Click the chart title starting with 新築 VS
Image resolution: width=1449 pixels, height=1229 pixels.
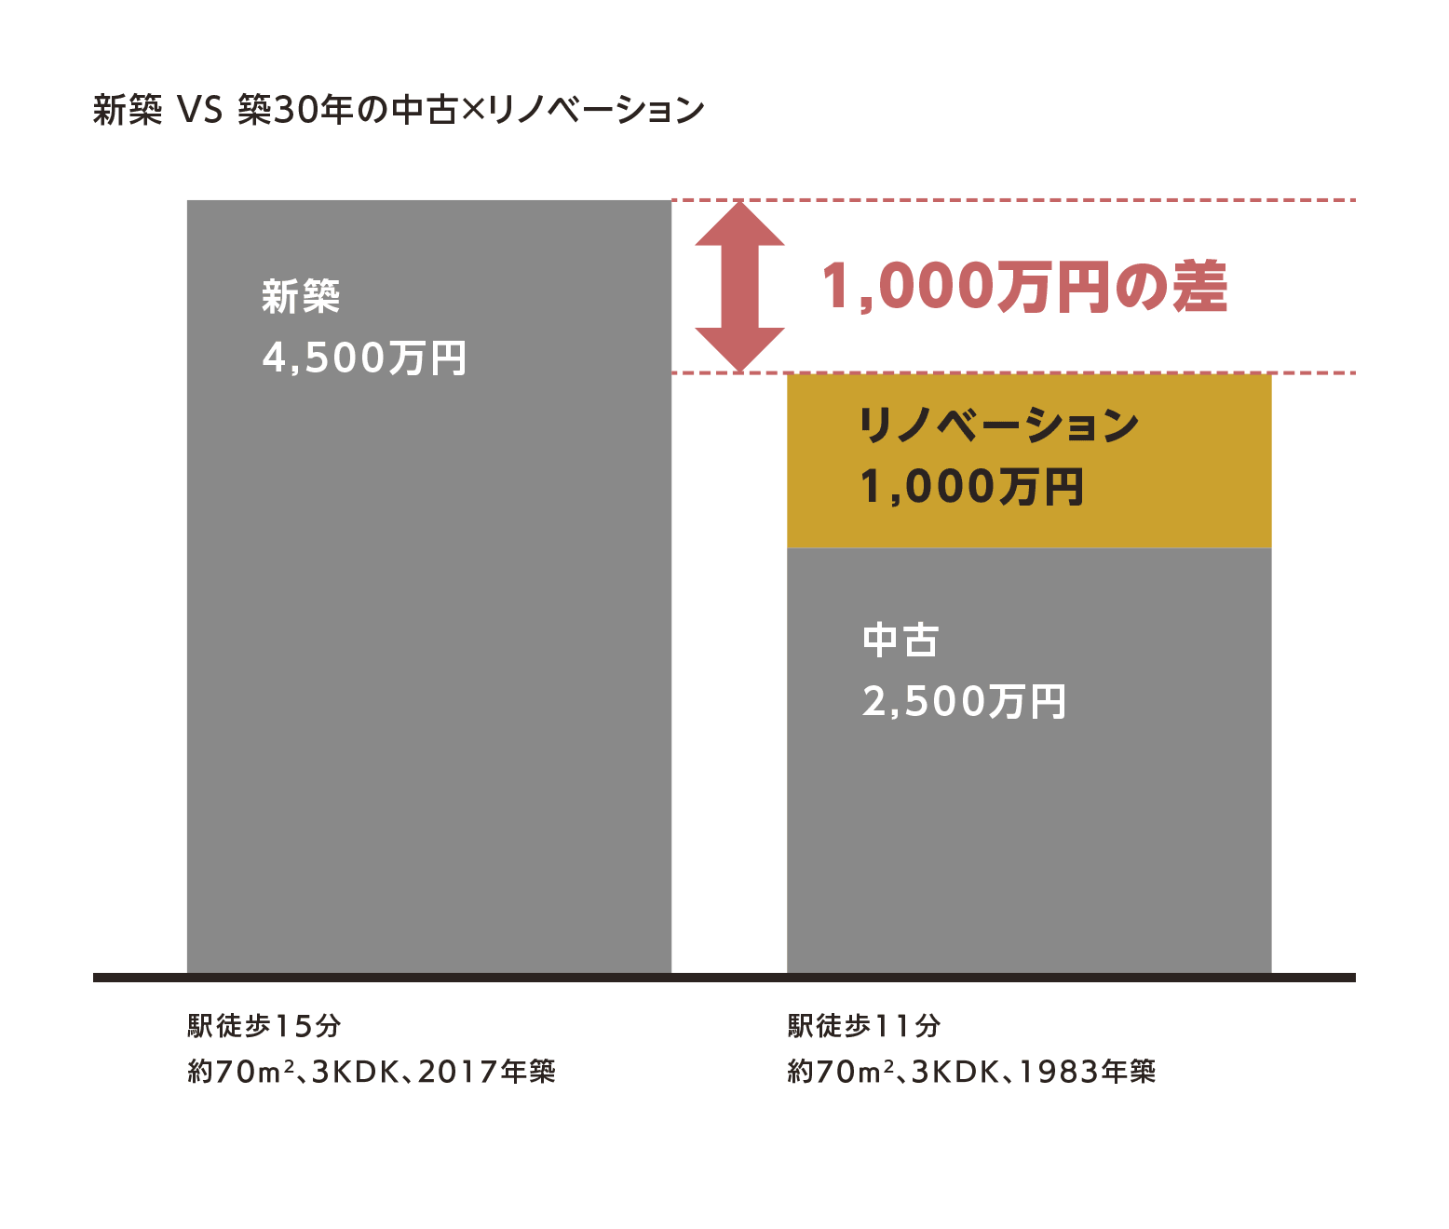[x=399, y=111]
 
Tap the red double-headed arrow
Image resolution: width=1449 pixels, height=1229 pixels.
[x=739, y=287]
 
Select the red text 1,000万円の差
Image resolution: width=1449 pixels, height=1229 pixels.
[x=1023, y=287]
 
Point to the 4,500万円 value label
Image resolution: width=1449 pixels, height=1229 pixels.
[x=364, y=358]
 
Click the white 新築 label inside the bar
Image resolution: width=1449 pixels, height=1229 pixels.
[x=301, y=297]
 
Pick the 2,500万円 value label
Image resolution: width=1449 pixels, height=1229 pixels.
[x=964, y=702]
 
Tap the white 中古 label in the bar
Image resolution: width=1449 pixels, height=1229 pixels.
[x=901, y=641]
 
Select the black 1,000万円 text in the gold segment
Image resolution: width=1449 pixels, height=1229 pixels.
[x=971, y=487]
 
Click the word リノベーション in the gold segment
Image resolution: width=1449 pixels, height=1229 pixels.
[x=998, y=425]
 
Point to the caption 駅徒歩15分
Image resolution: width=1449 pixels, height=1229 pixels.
[x=264, y=1026]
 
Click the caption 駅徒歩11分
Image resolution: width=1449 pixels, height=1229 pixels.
[x=864, y=1026]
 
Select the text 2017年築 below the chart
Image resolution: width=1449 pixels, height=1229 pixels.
[x=486, y=1073]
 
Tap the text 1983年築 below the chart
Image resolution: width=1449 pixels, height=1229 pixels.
[x=1087, y=1073]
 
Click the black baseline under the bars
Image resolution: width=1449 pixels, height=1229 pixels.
[x=724, y=978]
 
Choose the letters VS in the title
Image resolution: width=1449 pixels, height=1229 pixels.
[x=200, y=111]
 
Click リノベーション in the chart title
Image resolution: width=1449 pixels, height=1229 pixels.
[x=596, y=111]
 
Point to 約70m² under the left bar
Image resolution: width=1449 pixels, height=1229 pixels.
[x=241, y=1073]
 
